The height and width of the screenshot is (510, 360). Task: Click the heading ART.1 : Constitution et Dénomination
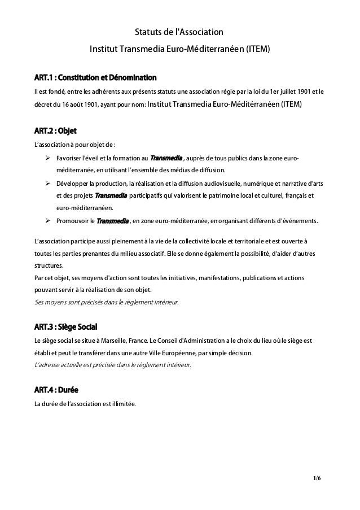(x=95, y=77)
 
